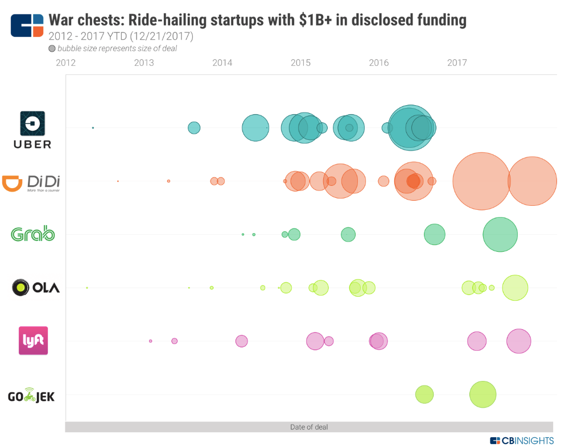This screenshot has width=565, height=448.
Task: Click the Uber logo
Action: point(32,129)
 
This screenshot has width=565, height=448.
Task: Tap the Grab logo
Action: point(33,234)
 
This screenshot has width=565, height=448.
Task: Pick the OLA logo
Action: point(35,288)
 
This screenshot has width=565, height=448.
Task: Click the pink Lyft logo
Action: point(33,341)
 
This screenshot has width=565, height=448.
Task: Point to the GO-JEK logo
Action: point(31,396)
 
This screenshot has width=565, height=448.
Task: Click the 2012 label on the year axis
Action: point(66,63)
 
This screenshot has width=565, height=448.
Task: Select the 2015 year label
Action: point(300,63)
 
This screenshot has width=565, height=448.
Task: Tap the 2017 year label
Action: point(457,63)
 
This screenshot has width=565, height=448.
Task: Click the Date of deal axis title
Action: point(309,427)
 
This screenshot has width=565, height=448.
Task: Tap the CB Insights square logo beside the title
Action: point(27,26)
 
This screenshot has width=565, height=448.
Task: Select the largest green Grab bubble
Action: point(500,234)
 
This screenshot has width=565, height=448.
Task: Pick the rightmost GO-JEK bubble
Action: point(483,394)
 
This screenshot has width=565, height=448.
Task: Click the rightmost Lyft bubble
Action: point(519,341)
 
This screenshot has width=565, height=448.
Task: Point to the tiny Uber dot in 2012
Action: point(93,127)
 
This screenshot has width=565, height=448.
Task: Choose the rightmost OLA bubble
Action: point(515,288)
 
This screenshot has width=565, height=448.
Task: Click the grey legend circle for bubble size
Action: point(52,49)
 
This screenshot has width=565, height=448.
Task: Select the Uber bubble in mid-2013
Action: point(194,127)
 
